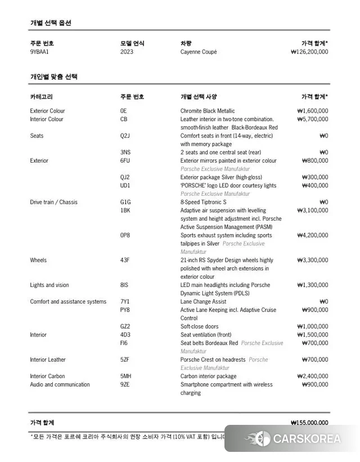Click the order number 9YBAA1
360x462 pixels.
[x=39, y=52]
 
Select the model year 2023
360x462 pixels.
[x=127, y=52]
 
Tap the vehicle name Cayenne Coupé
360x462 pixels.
[x=199, y=52]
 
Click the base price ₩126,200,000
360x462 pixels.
[x=309, y=52]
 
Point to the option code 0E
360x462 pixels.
[x=123, y=111]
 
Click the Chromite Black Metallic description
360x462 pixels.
[x=208, y=111]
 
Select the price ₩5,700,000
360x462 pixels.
[x=312, y=119]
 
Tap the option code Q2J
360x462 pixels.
[x=125, y=136]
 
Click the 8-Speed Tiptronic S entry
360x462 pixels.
[x=204, y=202]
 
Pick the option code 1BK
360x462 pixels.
[x=125, y=210]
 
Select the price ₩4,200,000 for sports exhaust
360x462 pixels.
[x=312, y=235]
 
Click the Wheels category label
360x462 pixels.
[x=38, y=260]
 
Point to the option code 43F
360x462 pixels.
[x=125, y=260]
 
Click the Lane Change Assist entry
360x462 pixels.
[x=204, y=302]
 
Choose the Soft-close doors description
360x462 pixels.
[x=200, y=326]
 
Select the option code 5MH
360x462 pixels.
[x=125, y=376]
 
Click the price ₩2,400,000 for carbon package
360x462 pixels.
[x=312, y=376]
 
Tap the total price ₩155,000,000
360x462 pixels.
[x=309, y=423]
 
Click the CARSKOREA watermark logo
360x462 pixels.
[x=292, y=439]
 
